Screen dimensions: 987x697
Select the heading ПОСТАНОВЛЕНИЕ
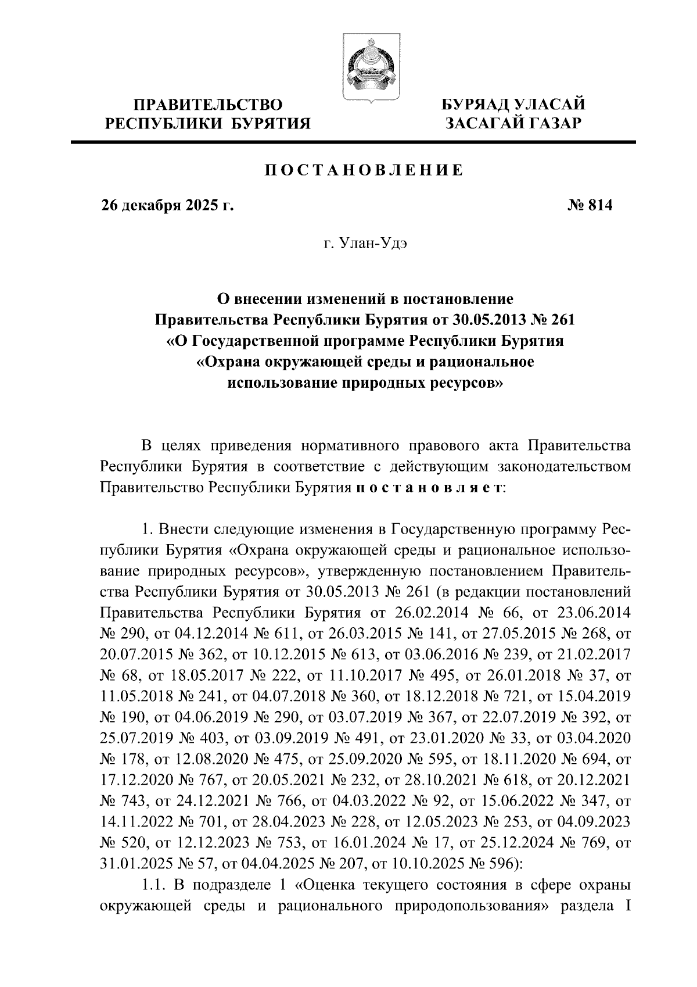pyautogui.click(x=364, y=170)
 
